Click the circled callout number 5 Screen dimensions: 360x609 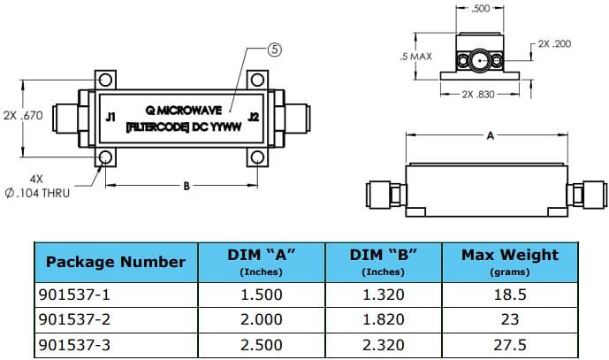click(274, 50)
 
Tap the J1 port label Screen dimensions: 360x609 click(110, 116)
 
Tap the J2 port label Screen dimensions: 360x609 click(254, 116)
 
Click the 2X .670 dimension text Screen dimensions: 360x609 click(24, 115)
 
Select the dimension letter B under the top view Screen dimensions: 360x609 click(185, 186)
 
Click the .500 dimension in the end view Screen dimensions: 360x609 click(481, 9)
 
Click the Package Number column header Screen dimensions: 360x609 click(115, 262)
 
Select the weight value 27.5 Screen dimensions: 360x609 click(510, 344)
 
